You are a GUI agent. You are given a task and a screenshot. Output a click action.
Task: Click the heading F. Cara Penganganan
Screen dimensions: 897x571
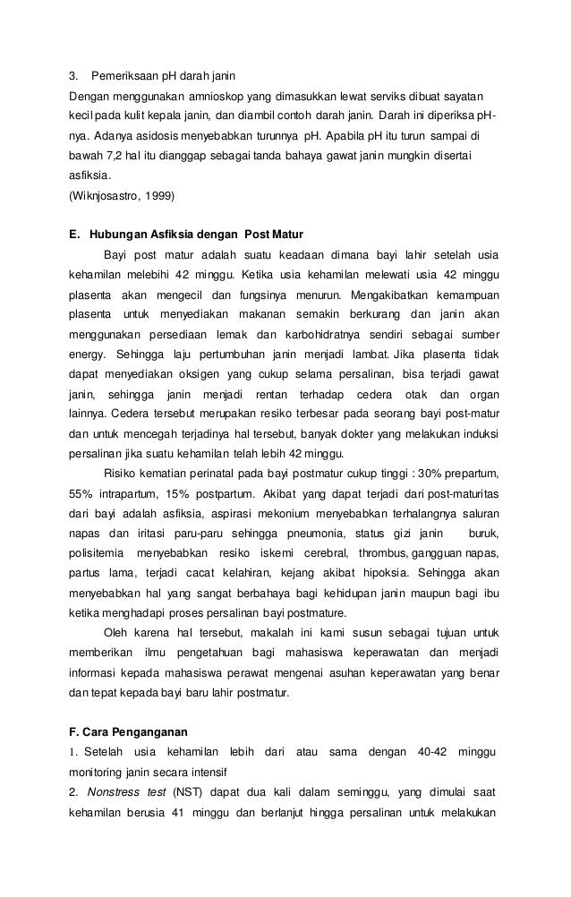(x=128, y=730)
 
